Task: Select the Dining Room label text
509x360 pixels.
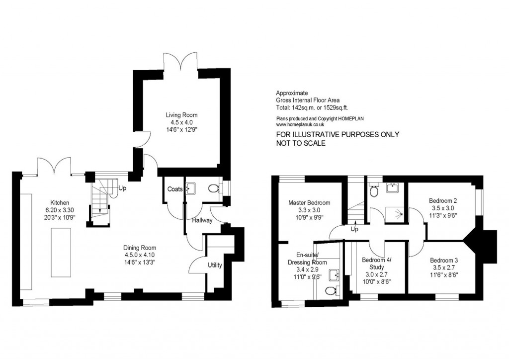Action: [140, 248]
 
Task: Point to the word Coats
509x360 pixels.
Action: [174, 189]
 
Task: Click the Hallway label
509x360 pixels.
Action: [202, 220]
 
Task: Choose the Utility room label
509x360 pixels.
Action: [215, 265]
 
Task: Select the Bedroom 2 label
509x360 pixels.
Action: [442, 200]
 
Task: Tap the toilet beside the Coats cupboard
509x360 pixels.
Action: [214, 188]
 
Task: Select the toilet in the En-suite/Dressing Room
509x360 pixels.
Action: [330, 291]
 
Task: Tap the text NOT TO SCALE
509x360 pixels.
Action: [301, 143]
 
